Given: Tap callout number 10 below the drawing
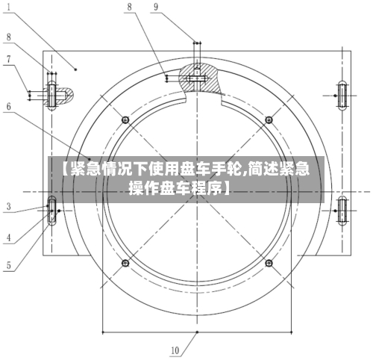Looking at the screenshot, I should [x=175, y=349].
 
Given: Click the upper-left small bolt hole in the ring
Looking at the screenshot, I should [x=125, y=119].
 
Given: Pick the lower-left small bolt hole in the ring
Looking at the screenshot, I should [x=125, y=263].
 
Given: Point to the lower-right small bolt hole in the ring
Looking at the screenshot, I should [x=269, y=263].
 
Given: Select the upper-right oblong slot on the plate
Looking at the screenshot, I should [x=342, y=95].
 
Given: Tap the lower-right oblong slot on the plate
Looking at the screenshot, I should [x=342, y=211].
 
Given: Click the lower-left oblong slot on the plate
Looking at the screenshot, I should [x=52, y=212].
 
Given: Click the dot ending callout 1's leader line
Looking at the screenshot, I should [x=76, y=67].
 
